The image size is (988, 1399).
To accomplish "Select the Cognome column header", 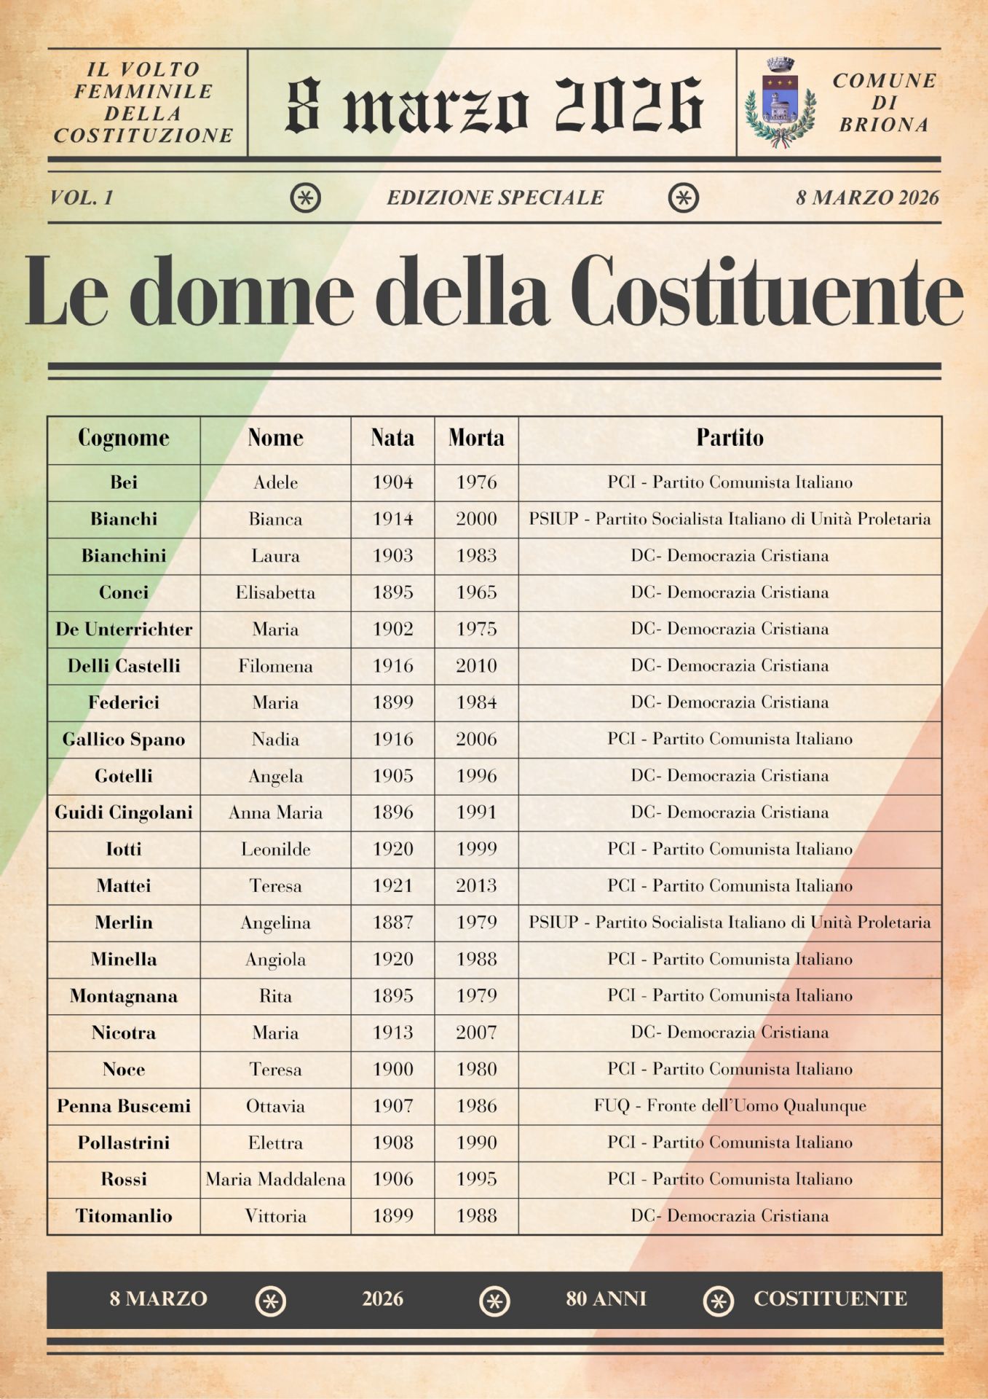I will (x=124, y=438).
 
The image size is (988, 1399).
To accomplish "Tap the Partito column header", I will (x=730, y=438).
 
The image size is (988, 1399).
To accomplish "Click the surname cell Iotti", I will (x=124, y=849).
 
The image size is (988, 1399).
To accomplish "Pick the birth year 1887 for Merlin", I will (x=392, y=922).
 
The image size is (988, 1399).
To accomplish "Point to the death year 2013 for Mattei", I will (x=476, y=885).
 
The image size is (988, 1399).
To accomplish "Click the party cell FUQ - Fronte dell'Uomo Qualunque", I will (x=730, y=1106).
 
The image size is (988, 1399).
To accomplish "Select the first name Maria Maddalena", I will (x=275, y=1179).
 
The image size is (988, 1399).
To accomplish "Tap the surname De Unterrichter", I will (x=124, y=629).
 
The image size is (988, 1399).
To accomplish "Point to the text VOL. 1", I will (x=82, y=197).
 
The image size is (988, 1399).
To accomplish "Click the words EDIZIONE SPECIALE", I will (x=494, y=197).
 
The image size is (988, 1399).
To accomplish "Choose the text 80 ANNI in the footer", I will (x=606, y=1298).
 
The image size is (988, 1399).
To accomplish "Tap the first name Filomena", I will (x=275, y=666).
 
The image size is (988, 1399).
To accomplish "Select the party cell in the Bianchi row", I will (x=730, y=519).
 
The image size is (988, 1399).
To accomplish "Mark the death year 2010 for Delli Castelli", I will (x=476, y=666).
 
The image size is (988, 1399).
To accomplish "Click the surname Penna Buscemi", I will (x=124, y=1106).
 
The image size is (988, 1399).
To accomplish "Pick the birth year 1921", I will (x=392, y=885).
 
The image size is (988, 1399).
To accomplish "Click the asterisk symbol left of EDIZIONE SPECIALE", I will (x=306, y=197).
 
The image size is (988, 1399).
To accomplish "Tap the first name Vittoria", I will (x=275, y=1215).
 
